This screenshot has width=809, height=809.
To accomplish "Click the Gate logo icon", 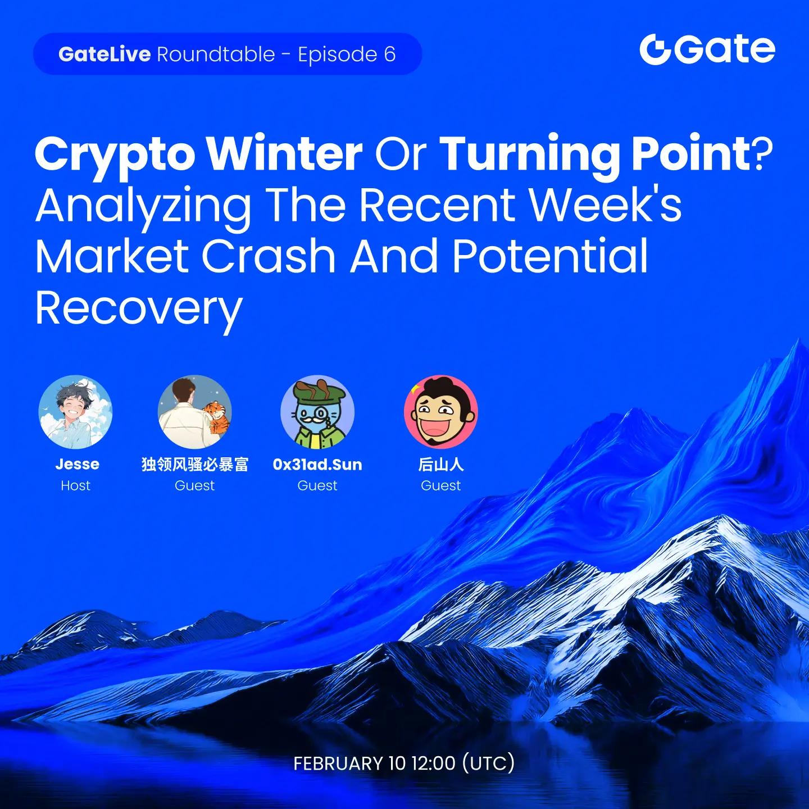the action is pyautogui.click(x=655, y=49).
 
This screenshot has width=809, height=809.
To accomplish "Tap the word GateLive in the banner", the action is pyautogui.click(x=104, y=54).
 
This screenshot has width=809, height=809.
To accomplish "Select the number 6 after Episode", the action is pyautogui.click(x=389, y=54).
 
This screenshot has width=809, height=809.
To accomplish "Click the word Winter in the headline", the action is pyautogui.click(x=285, y=154).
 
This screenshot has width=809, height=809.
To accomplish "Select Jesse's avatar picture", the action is pyautogui.click(x=76, y=412).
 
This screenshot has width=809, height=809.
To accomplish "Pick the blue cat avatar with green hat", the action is pyautogui.click(x=317, y=412).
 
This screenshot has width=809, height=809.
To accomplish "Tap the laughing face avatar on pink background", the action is pyautogui.click(x=441, y=412).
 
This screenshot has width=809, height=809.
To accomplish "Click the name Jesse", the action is pyautogui.click(x=77, y=464).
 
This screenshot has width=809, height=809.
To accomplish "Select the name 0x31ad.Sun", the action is pyautogui.click(x=317, y=464).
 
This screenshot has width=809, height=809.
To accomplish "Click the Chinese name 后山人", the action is pyautogui.click(x=441, y=464).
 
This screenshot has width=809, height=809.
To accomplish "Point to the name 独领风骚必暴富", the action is pyautogui.click(x=195, y=464).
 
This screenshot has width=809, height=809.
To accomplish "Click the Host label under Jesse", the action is pyautogui.click(x=76, y=485).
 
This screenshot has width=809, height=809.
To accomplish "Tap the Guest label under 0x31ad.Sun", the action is pyautogui.click(x=317, y=485).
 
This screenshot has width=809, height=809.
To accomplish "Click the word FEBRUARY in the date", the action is pyautogui.click(x=338, y=763).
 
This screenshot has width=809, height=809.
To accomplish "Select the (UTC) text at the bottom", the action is pyautogui.click(x=488, y=763).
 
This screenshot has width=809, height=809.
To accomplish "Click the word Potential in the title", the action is pyautogui.click(x=550, y=256).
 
